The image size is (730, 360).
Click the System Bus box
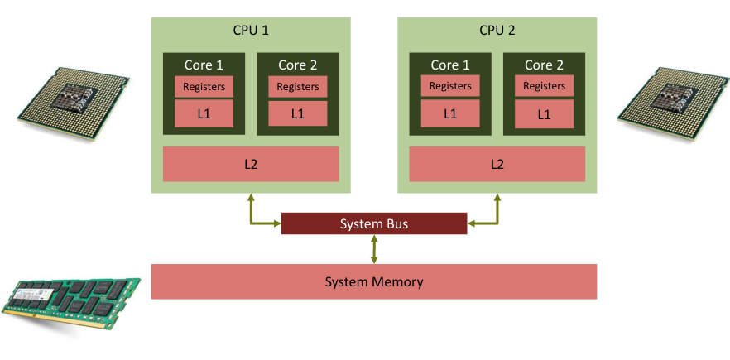coord(374,223)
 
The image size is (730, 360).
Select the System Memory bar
coord(374,281)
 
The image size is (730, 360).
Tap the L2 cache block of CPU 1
coord(251,164)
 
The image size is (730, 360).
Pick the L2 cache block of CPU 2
coord(497,164)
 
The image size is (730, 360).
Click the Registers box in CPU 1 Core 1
coord(204,86)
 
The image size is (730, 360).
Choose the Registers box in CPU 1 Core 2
coord(297,86)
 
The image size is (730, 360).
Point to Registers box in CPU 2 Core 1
coord(450,86)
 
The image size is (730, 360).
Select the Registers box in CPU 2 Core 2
coord(544,86)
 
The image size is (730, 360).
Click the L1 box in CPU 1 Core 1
coord(204,113)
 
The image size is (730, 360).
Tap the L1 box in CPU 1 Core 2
coord(297,113)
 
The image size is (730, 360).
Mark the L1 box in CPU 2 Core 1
coord(450,113)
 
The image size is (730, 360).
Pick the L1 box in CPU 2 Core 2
coord(544,113)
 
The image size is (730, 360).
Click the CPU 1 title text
coord(251,30)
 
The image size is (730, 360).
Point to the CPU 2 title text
coord(497,30)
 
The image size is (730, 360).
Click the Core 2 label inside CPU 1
coord(297,65)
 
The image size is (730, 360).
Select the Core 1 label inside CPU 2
coord(450,65)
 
